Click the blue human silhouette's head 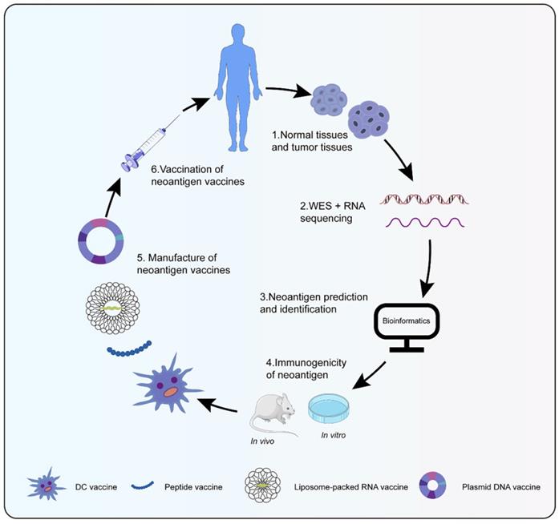238,33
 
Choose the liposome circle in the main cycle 111,308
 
